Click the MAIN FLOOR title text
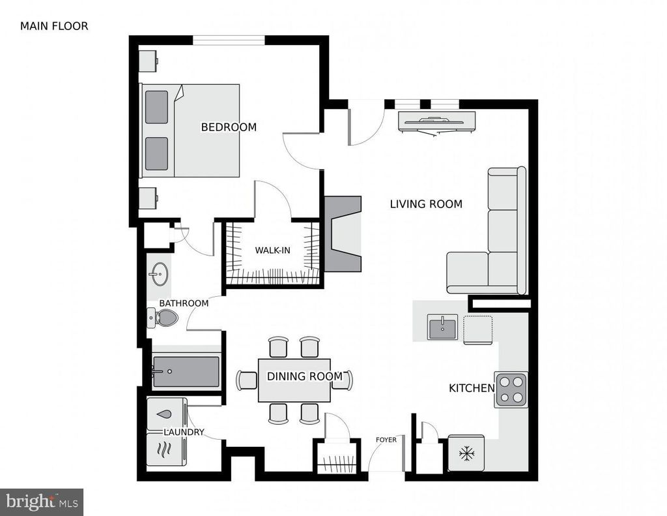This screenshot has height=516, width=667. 54,26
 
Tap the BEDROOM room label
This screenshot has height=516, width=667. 229,127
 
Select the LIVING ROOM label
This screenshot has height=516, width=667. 426,204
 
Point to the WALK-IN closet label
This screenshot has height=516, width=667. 273,250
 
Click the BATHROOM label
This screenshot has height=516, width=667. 184,303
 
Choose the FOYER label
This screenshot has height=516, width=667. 386,440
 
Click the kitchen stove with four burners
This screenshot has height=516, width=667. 511,389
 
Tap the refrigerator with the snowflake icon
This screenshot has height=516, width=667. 466,453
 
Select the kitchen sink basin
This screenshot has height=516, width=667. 442,327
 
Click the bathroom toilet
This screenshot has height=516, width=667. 163,318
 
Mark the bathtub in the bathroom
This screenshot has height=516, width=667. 186,372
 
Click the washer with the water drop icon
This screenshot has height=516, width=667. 166,414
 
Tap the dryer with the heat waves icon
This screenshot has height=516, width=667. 166,449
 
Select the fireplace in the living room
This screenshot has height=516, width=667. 343,234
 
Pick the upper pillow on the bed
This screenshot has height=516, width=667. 156,107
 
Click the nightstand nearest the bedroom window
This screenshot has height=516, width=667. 149,61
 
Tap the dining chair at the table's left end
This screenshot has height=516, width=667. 247,380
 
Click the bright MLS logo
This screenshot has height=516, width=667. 42,502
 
